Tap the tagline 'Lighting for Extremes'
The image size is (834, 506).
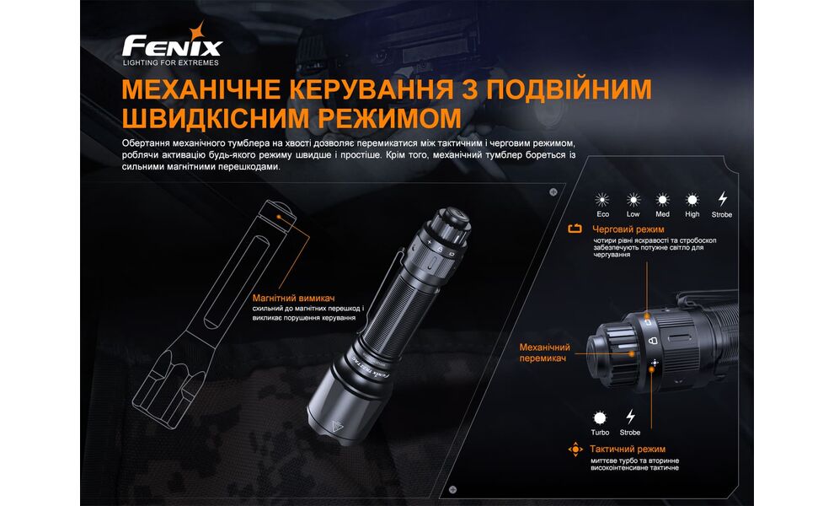(171, 63)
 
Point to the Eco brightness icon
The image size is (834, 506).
(602, 200)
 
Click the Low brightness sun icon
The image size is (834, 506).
(633, 200)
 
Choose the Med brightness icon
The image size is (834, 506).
(663, 200)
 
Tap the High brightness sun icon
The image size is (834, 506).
(692, 200)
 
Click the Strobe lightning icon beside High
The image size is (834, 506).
(722, 200)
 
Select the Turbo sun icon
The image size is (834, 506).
(600, 417)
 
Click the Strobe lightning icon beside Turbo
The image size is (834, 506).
(629, 417)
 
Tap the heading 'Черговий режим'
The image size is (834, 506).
(628, 229)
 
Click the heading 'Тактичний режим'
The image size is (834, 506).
(629, 449)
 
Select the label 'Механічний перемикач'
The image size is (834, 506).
(544, 353)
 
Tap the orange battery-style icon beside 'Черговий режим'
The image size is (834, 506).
(575, 229)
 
